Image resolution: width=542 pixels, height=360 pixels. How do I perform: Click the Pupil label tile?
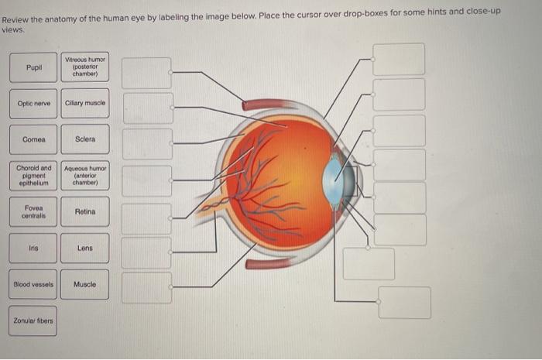tap(33, 67)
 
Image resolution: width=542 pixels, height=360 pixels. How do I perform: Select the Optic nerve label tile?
tap(33, 103)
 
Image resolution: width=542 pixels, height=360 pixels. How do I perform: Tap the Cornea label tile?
tap(33, 139)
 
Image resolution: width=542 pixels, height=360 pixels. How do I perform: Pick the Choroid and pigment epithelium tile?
tap(33, 176)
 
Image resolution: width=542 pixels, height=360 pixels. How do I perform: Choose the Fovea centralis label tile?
tap(33, 211)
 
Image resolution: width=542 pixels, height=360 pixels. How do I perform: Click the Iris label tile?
tap(33, 248)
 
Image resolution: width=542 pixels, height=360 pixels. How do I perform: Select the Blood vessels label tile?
tap(33, 284)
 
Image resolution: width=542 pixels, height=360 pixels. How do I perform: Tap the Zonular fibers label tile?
tap(33, 321)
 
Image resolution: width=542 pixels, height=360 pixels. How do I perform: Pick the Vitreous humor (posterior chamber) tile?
tap(85, 67)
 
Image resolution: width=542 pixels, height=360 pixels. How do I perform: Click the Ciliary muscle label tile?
tap(85, 103)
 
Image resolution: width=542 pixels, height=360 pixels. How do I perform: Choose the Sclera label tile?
tap(85, 139)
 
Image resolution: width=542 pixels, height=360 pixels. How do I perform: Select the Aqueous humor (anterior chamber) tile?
tap(85, 176)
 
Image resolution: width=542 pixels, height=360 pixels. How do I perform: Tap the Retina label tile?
tap(85, 211)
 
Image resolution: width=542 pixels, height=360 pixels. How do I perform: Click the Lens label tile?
tap(85, 248)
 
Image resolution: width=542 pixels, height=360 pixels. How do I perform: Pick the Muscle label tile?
tap(85, 284)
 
